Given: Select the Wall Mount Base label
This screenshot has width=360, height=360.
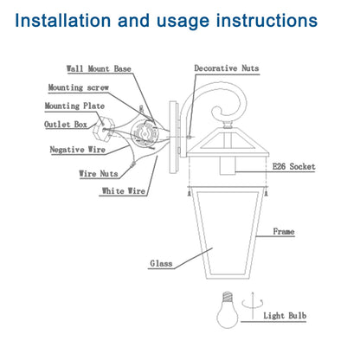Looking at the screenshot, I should tap(97, 68).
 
